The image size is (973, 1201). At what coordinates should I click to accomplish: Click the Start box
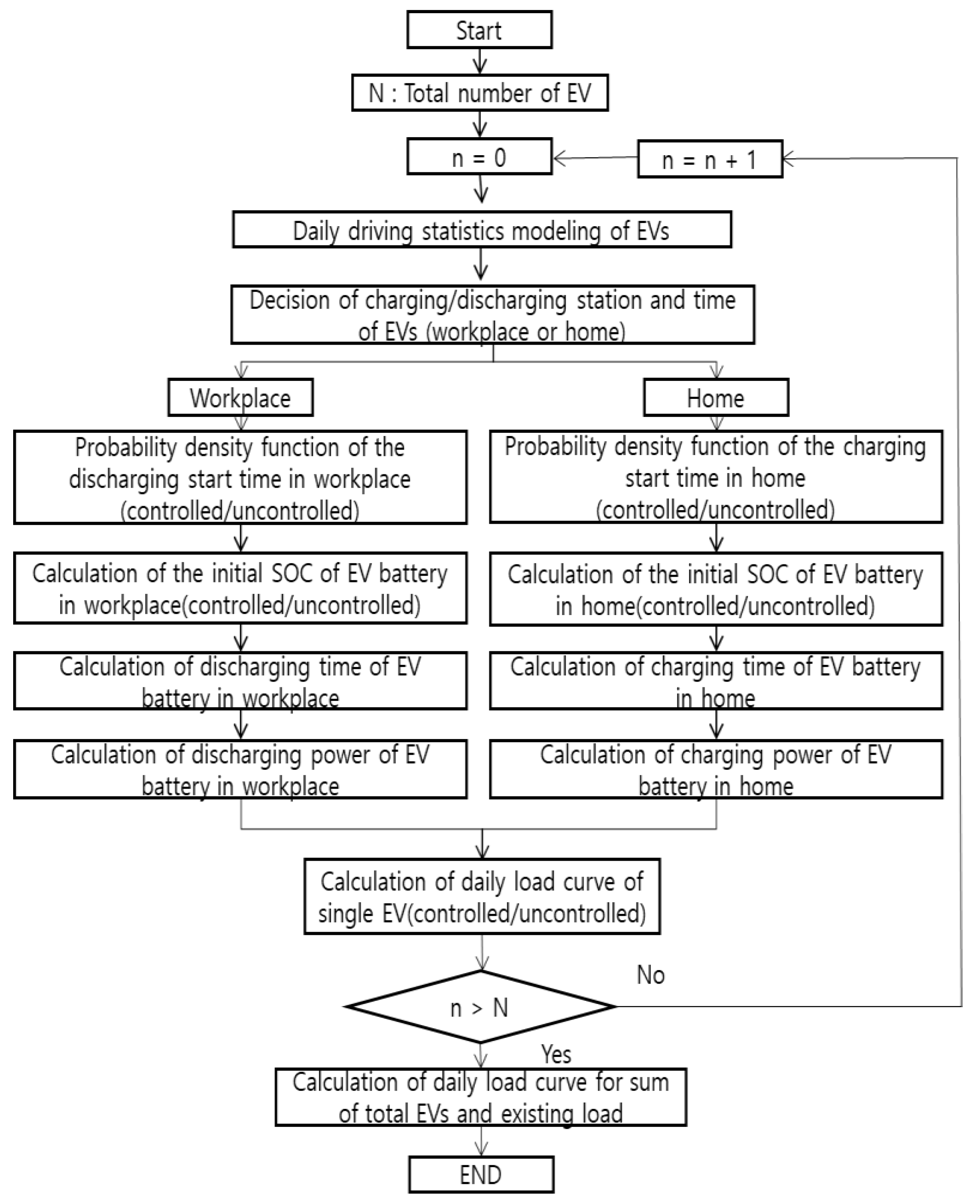click(x=479, y=30)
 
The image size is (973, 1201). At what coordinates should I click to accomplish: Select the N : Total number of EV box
click(x=480, y=93)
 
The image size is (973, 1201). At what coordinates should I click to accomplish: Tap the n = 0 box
click(x=479, y=157)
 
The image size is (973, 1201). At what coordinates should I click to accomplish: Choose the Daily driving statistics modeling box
click(x=481, y=230)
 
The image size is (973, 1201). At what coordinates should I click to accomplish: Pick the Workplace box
click(x=240, y=398)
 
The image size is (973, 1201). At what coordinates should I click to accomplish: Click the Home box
click(x=716, y=398)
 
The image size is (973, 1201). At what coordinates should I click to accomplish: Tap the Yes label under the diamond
click(x=556, y=1054)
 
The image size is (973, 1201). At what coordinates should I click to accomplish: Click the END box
click(x=481, y=1175)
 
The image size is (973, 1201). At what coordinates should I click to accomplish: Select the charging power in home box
click(x=716, y=769)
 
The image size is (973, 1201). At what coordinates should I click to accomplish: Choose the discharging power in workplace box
click(x=240, y=769)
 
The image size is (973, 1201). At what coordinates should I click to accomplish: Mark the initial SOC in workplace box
click(x=240, y=588)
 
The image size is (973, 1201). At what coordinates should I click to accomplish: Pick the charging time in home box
click(x=716, y=681)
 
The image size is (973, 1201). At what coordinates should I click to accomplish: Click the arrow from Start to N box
click(x=480, y=61)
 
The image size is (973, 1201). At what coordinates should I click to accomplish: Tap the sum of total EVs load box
click(x=481, y=1097)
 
